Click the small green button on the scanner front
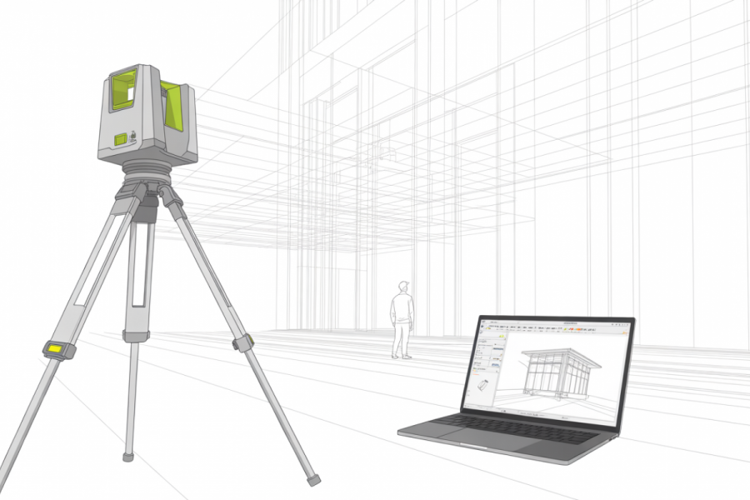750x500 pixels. (x=121, y=138)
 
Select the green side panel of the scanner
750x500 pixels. (x=173, y=106)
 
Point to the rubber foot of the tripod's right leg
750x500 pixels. (x=313, y=479)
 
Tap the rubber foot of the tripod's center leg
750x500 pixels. (x=128, y=456)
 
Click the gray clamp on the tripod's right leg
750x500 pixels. (x=242, y=342)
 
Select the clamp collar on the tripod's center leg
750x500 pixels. (x=136, y=335)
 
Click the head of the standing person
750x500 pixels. (x=403, y=287)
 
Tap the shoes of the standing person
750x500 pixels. (x=402, y=356)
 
